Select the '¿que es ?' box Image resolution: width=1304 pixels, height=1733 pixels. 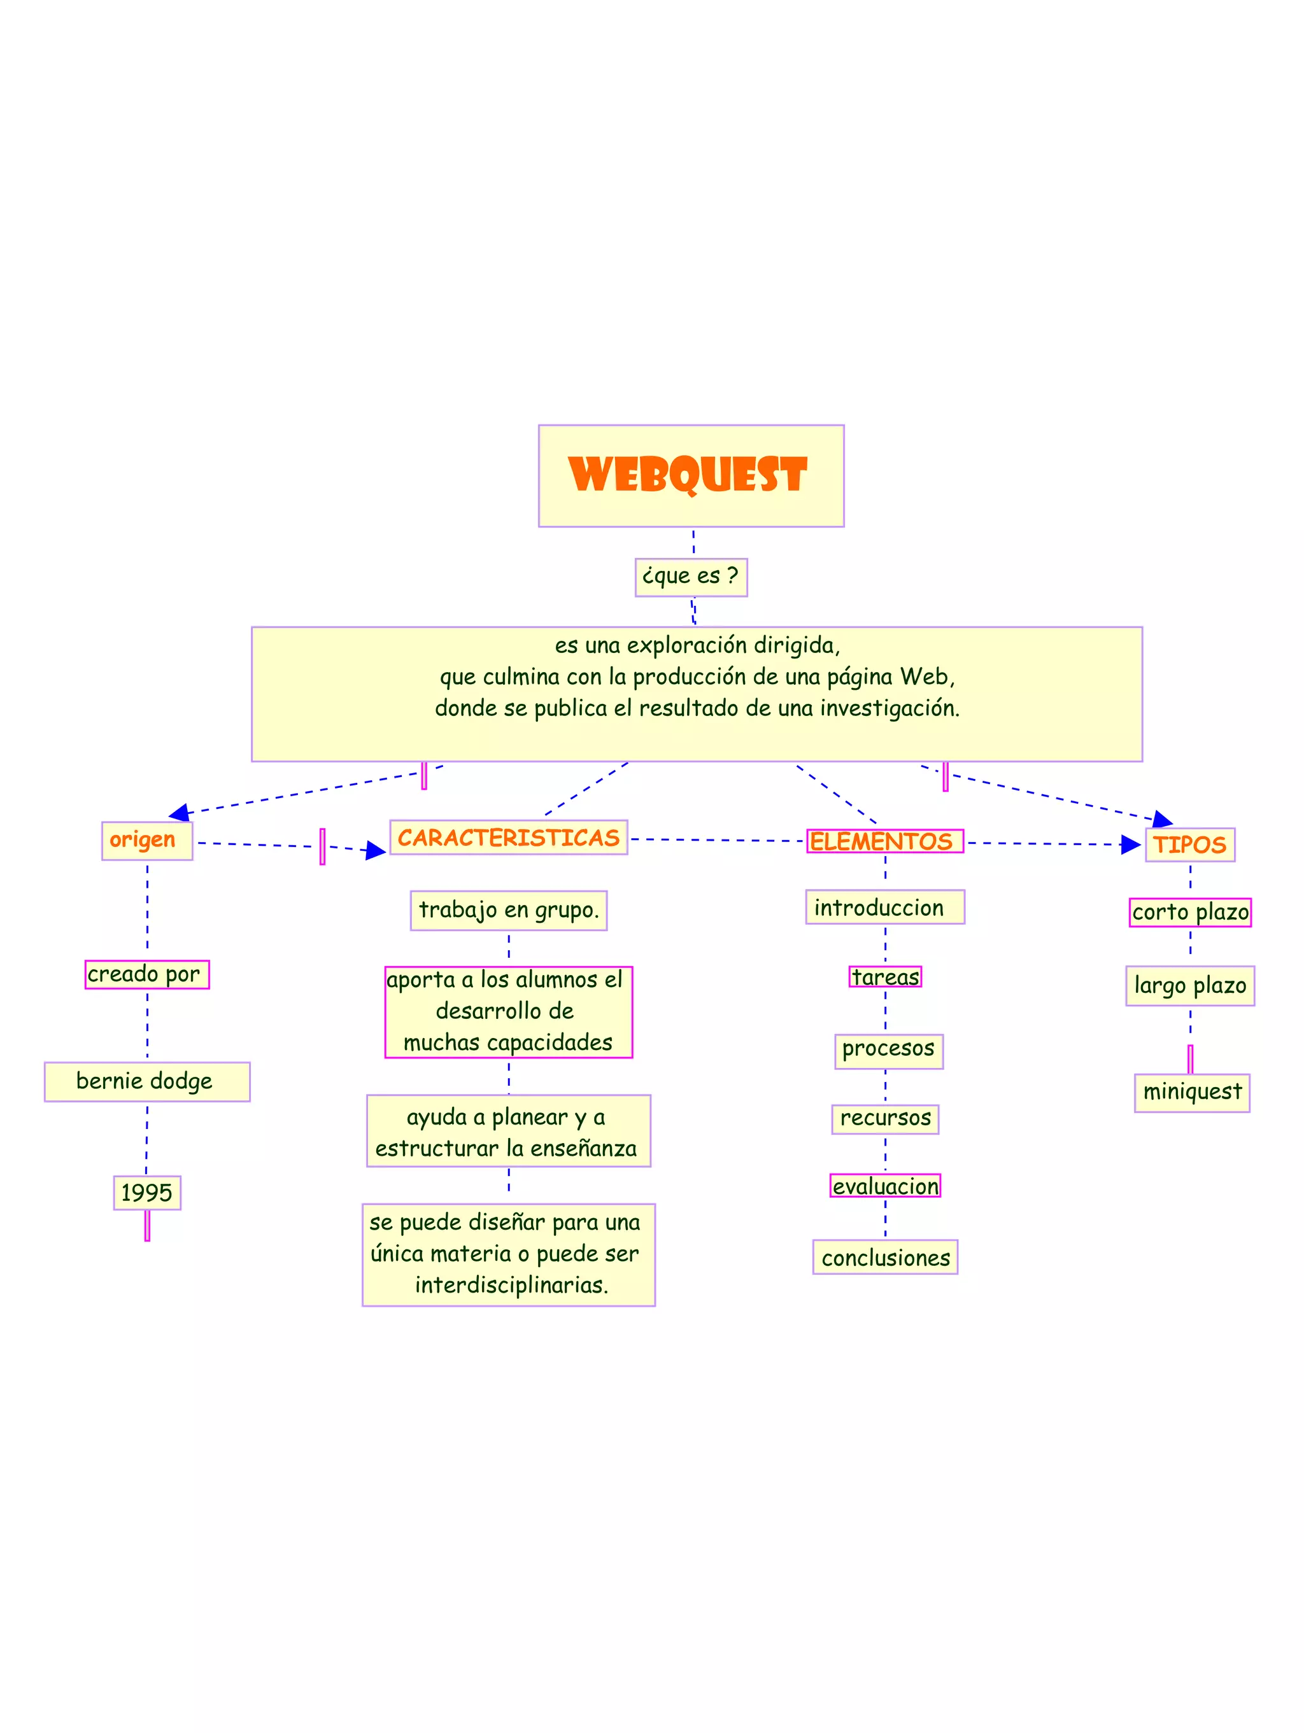690,577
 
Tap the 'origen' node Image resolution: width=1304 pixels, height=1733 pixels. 146,840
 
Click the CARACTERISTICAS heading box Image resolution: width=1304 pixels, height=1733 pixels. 508,837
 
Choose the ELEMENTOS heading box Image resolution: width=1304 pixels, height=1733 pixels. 884,841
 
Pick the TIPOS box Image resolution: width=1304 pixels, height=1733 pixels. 1189,845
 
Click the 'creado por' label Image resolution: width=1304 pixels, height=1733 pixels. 146,974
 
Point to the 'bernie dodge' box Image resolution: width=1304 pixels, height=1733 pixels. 146,1081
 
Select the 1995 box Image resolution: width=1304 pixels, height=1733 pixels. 146,1193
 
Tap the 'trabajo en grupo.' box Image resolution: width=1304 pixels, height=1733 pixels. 508,909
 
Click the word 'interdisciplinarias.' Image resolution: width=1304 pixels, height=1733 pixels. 511,1285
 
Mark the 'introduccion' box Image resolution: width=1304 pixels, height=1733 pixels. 884,908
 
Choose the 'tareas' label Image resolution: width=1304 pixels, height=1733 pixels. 885,976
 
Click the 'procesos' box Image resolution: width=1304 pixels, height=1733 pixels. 888,1049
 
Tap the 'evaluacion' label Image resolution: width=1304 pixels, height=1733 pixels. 885,1186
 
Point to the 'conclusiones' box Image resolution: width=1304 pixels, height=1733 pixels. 885,1258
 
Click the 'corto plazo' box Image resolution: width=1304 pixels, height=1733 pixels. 1189,912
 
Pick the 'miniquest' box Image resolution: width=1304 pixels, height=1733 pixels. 1191,1091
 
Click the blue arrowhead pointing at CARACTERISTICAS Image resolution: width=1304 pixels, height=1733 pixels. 376,850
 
